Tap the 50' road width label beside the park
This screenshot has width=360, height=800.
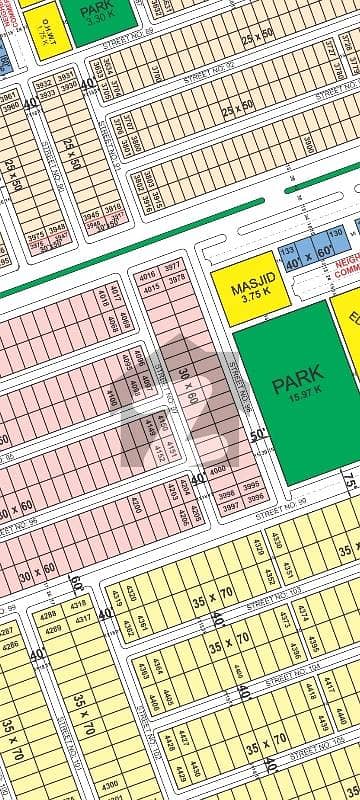pyautogui.click(x=258, y=435)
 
